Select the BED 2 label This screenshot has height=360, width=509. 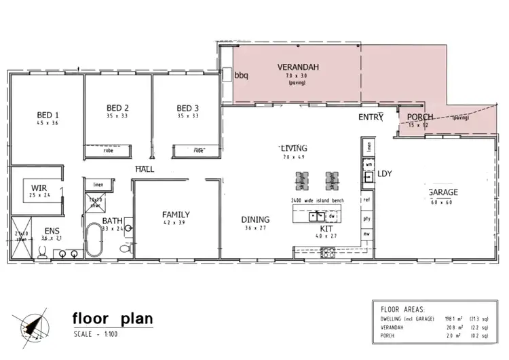118,108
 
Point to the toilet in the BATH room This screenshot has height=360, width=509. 125,249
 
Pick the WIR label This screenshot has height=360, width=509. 36,187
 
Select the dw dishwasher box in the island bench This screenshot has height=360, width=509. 333,216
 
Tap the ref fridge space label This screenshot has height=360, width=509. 366,200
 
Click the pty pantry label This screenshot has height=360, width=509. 366,219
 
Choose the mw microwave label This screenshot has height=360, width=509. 366,234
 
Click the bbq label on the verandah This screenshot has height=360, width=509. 242,76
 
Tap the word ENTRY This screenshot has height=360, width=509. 371,118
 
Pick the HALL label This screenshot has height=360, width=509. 144,168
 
